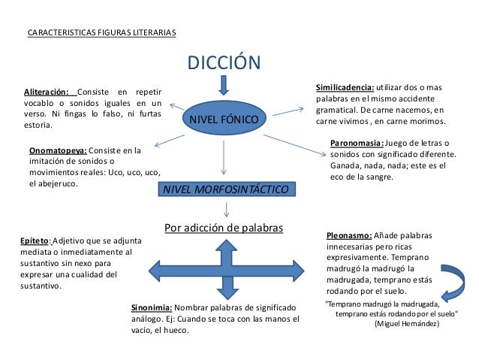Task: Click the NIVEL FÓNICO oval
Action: pos(223,119)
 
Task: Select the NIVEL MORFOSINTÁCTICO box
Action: pos(226,190)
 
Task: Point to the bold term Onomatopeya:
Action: pos(58,150)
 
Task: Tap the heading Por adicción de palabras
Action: pos(223,227)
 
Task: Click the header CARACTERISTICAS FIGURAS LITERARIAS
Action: pos(101,34)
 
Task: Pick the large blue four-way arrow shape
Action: pos(224,270)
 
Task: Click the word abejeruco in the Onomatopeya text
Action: pos(57,183)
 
